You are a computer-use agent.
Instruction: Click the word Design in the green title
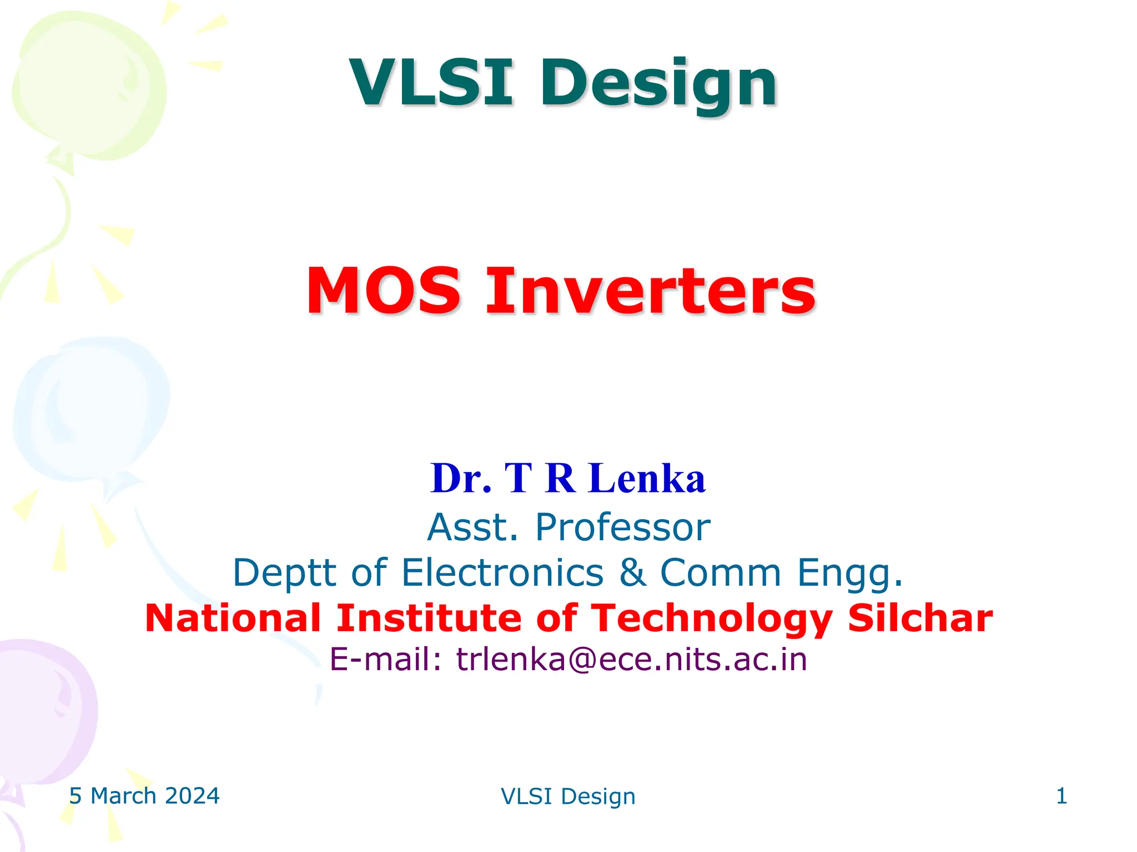click(x=658, y=84)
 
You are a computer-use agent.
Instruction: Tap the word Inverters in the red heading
click(x=650, y=291)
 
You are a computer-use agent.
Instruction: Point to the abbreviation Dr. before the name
click(x=461, y=478)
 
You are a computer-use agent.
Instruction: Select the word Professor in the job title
click(x=622, y=527)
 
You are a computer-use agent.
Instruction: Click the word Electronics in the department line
click(x=502, y=572)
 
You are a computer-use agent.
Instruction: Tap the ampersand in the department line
click(x=632, y=572)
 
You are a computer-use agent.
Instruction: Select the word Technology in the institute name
click(x=711, y=619)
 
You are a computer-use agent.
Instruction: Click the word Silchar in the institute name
click(x=920, y=618)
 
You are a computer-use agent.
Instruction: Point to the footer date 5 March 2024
click(x=144, y=796)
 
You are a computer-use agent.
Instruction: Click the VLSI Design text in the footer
click(x=568, y=797)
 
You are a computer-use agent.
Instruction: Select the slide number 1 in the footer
click(x=1061, y=796)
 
